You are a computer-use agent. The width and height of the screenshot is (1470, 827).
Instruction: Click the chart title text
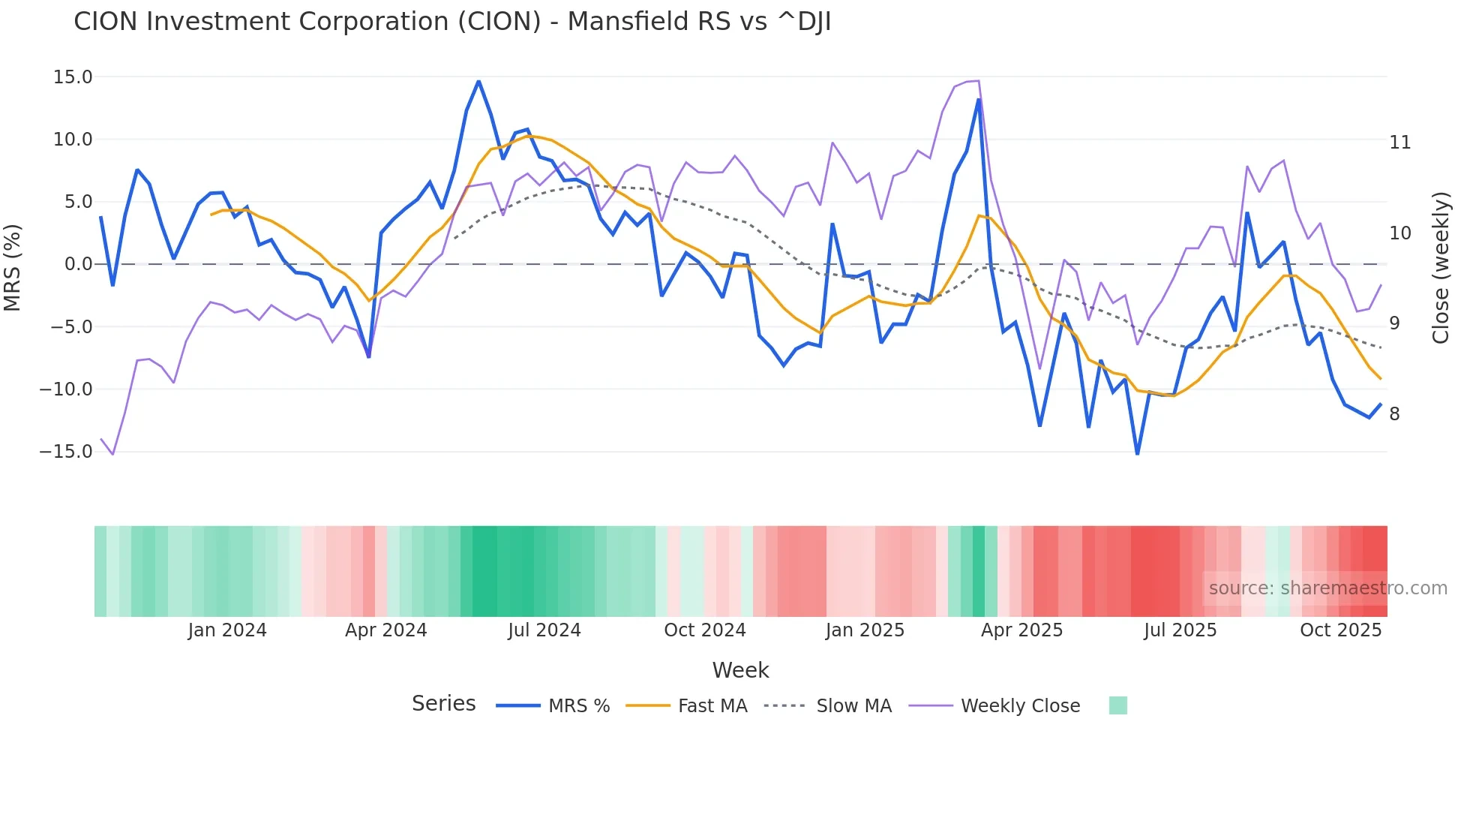(452, 22)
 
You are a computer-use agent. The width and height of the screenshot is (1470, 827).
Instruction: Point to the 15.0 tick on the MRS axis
(73, 77)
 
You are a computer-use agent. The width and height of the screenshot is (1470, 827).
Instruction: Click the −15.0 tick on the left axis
(66, 452)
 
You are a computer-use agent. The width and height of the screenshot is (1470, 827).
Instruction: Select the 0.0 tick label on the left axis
(78, 264)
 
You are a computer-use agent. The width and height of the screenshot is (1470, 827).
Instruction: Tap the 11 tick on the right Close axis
(1399, 143)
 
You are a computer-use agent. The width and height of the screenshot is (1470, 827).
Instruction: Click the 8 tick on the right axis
(1394, 414)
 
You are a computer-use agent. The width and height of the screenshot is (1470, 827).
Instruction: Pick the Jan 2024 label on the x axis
(227, 630)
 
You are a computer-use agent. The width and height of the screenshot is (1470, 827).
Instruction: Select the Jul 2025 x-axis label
(1180, 630)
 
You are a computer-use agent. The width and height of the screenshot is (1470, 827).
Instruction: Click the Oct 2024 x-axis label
(705, 630)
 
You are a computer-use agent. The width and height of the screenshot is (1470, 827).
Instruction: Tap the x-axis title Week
(740, 670)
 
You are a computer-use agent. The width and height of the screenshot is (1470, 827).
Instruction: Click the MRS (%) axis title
(13, 268)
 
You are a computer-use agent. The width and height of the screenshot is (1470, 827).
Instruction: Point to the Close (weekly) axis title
(1441, 268)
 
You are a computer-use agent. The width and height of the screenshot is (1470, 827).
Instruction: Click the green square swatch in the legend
(1117, 705)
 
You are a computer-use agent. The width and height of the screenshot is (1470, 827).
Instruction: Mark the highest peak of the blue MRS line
(478, 82)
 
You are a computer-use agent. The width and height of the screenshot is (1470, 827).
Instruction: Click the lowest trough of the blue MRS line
(1138, 453)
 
